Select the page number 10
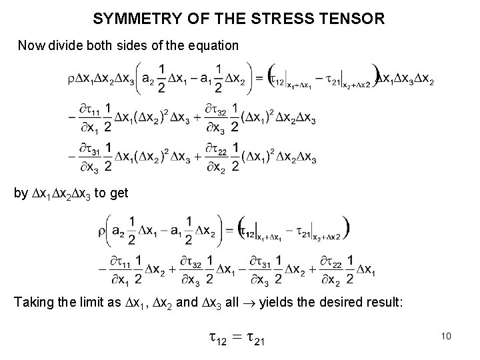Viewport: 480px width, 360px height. pos(446,336)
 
